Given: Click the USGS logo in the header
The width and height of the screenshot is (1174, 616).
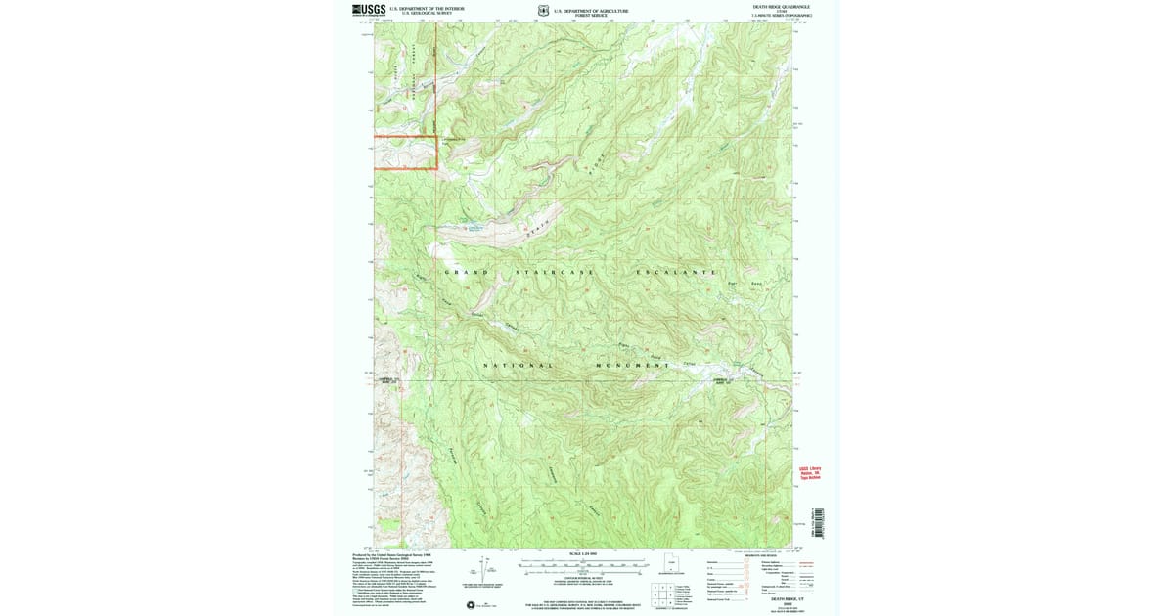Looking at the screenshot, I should (369, 10).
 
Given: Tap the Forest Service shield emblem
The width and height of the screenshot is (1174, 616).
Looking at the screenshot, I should (543, 11).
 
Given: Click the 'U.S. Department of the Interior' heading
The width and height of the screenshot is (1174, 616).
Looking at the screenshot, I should (427, 8).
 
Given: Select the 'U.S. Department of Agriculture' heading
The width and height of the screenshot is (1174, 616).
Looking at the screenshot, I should (591, 10).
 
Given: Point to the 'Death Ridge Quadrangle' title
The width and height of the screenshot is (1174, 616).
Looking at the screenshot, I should (781, 7).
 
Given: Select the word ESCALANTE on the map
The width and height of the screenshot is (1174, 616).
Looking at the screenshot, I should (677, 271).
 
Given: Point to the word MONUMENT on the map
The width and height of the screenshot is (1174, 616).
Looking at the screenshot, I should (632, 365).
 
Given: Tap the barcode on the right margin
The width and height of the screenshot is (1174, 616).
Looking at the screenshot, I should (821, 523).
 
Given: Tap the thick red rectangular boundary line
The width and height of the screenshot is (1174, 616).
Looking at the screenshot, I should (405, 137).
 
